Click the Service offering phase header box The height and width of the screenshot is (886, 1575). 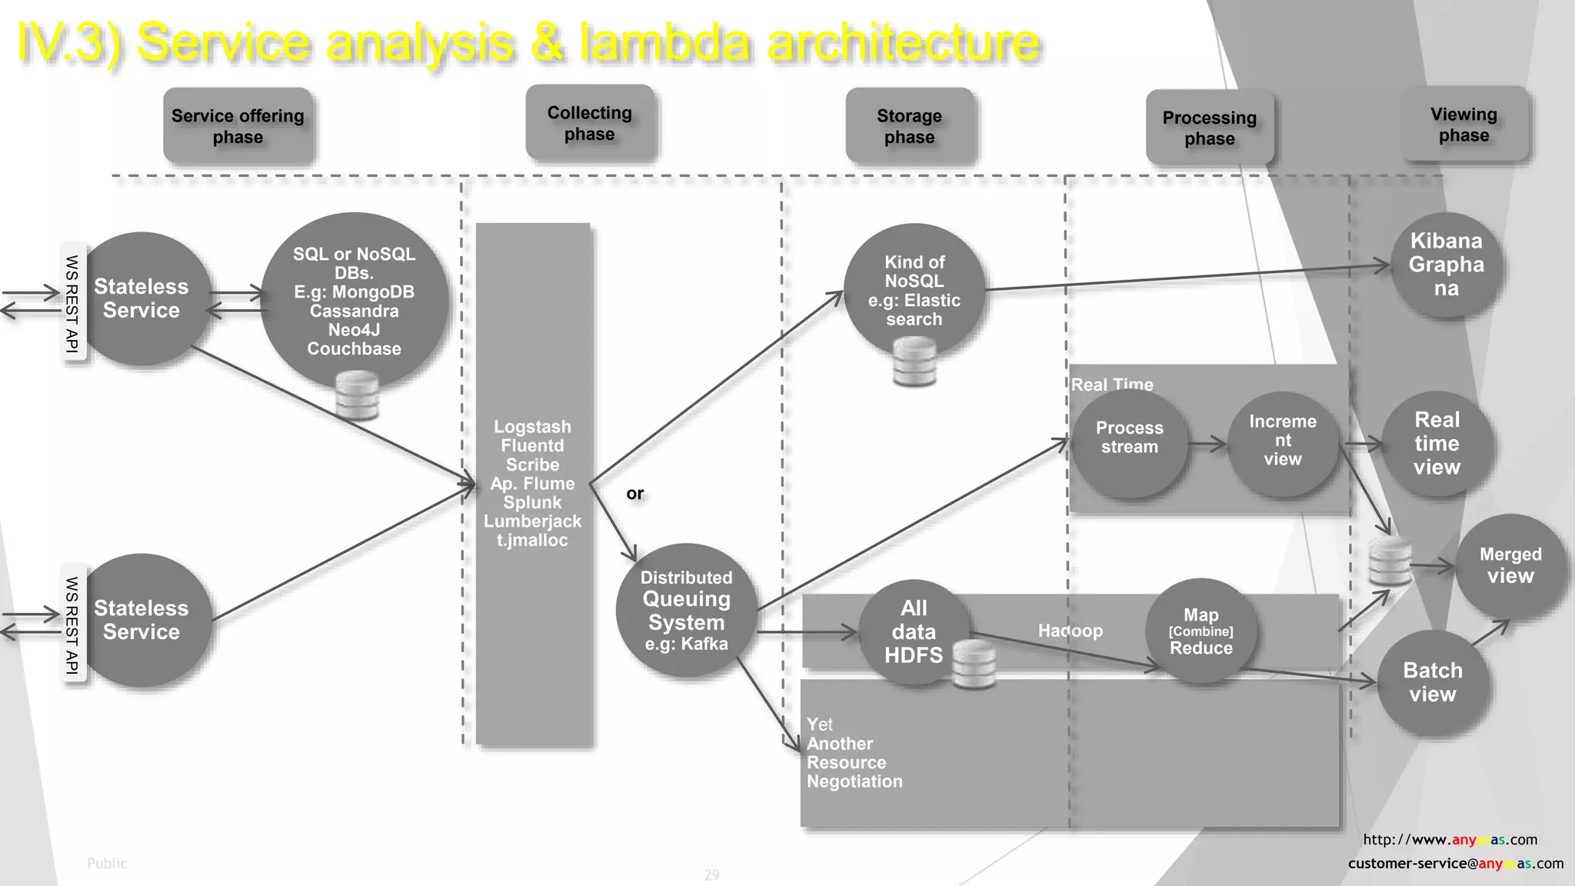pyautogui.click(x=238, y=126)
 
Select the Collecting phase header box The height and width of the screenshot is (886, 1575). pyautogui.click(x=590, y=123)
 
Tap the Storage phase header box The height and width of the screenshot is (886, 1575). pyautogui.click(x=909, y=126)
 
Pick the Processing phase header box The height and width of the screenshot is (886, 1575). pyautogui.click(x=1209, y=128)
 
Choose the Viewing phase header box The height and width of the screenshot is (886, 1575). pyautogui.click(x=1463, y=125)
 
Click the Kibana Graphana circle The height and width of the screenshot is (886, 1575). pyautogui.click(x=1446, y=265)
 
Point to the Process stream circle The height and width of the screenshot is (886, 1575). pyautogui.click(x=1129, y=442)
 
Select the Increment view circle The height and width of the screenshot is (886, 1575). pyautogui.click(x=1282, y=442)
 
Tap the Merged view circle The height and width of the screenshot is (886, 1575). pyautogui.click(x=1510, y=566)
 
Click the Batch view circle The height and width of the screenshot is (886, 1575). pyautogui.click(x=1432, y=682)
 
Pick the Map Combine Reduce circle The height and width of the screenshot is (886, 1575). pyautogui.click(x=1200, y=631)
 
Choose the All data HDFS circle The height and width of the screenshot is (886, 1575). pyautogui.click(x=913, y=631)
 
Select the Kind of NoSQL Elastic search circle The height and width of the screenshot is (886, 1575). pyautogui.click(x=914, y=290)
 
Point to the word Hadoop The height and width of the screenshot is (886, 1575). pyautogui.click(x=1070, y=631)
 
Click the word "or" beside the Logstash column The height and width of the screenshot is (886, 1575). pyautogui.click(x=634, y=494)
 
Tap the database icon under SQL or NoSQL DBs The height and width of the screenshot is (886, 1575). pyautogui.click(x=358, y=395)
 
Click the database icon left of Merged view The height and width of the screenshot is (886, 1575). pyautogui.click(x=1390, y=561)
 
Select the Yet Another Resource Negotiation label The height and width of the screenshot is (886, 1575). pyautogui.click(x=854, y=753)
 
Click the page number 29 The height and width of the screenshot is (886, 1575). pyautogui.click(x=711, y=874)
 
